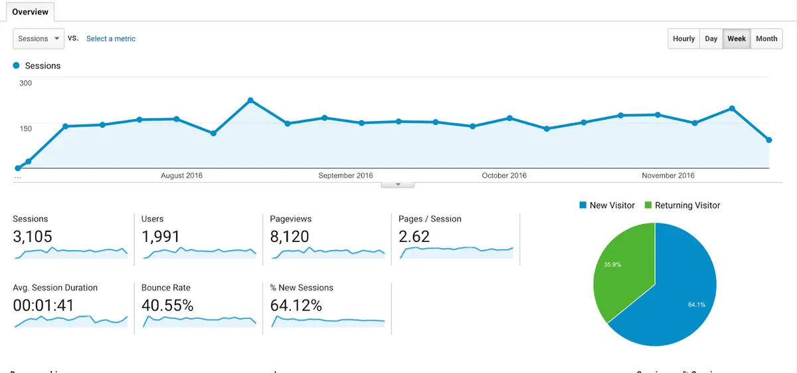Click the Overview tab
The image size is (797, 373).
click(x=31, y=12)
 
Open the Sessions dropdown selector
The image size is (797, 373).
click(x=39, y=39)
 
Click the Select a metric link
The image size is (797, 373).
click(x=111, y=39)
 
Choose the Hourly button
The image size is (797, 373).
click(x=683, y=39)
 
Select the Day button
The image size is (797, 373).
click(x=711, y=39)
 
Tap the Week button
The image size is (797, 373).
click(x=737, y=39)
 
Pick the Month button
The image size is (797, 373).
click(x=766, y=39)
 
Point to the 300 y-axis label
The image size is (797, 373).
click(x=26, y=83)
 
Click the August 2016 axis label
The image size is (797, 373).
click(x=181, y=176)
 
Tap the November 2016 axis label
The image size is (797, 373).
click(x=668, y=176)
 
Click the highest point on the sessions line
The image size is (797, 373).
click(x=250, y=100)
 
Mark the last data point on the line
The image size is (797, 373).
click(x=769, y=140)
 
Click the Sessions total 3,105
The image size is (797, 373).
click(x=33, y=236)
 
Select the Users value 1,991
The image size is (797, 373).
click(x=161, y=236)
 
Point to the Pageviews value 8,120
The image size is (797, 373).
click(x=290, y=236)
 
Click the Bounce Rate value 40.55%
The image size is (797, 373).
click(x=167, y=305)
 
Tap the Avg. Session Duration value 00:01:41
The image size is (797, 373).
click(x=44, y=305)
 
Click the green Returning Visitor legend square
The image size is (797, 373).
click(x=648, y=205)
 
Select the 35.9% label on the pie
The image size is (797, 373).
click(x=612, y=265)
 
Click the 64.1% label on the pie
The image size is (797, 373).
click(x=697, y=305)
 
